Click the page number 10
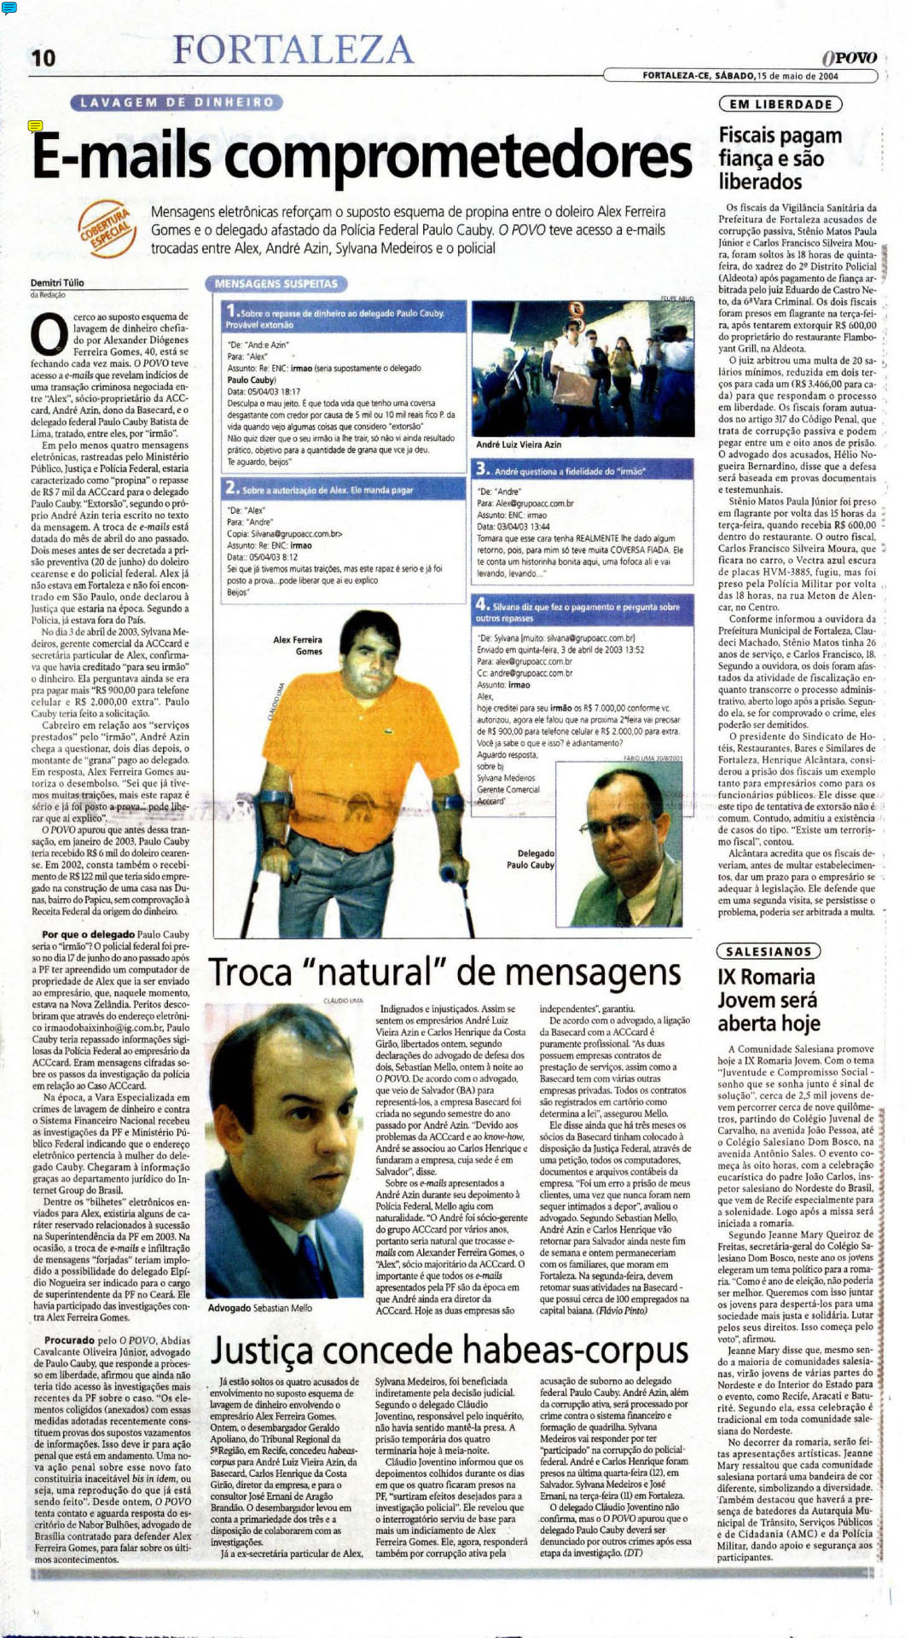43,57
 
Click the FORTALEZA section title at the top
293,49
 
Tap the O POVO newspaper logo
849,57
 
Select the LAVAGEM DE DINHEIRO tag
177,102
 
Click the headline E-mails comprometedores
362,157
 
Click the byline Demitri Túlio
57,282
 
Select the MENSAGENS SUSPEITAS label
276,283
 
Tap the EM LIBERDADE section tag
780,104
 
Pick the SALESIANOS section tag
768,951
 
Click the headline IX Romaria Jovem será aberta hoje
768,1000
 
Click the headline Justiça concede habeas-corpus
449,1350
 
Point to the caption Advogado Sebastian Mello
260,1308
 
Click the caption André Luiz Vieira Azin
519,444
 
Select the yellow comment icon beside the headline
35,126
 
